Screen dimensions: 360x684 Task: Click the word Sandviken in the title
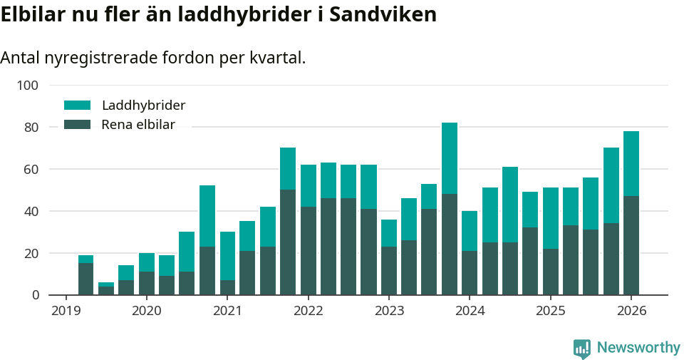click(x=382, y=14)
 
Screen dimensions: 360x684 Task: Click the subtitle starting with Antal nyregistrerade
click(x=153, y=58)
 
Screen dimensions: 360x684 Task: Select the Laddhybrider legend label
click(x=143, y=105)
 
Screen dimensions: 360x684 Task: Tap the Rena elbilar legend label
click(x=138, y=125)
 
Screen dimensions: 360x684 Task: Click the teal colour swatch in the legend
click(x=78, y=105)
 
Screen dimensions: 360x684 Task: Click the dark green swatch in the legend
click(x=78, y=125)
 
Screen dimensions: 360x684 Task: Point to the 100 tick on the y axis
click(x=27, y=86)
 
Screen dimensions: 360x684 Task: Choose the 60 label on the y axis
click(x=30, y=170)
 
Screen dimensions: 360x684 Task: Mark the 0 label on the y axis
click(x=33, y=295)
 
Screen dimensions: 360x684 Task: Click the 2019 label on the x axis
click(x=66, y=311)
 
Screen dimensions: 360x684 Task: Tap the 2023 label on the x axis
click(x=389, y=311)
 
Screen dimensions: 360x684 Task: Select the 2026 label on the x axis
click(x=631, y=311)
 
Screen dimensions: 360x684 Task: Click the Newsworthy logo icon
click(x=582, y=348)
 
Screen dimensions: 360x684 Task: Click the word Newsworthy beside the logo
click(x=638, y=348)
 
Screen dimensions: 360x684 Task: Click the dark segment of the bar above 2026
click(x=631, y=245)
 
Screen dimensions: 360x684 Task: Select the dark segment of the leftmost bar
click(x=85, y=279)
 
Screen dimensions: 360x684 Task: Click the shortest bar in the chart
click(x=106, y=289)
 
